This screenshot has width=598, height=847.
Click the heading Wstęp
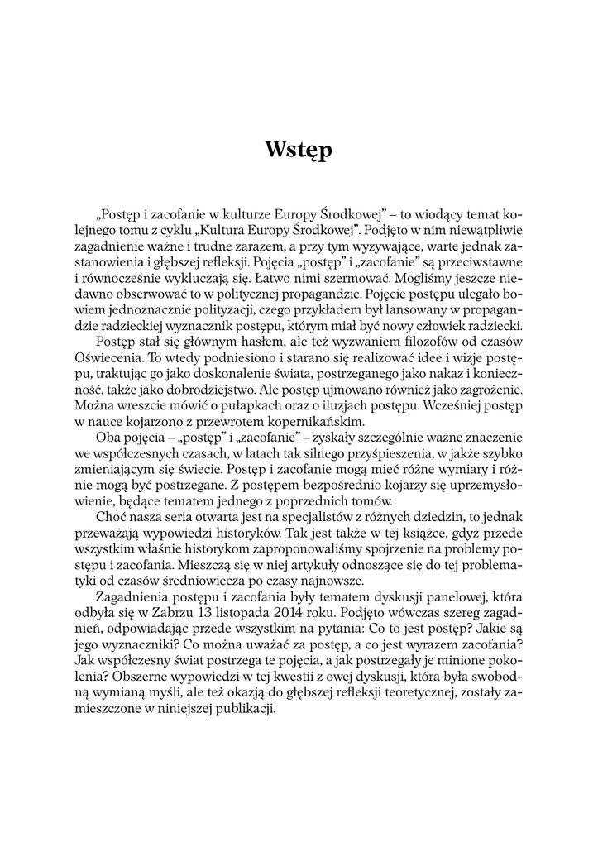[299, 150]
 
